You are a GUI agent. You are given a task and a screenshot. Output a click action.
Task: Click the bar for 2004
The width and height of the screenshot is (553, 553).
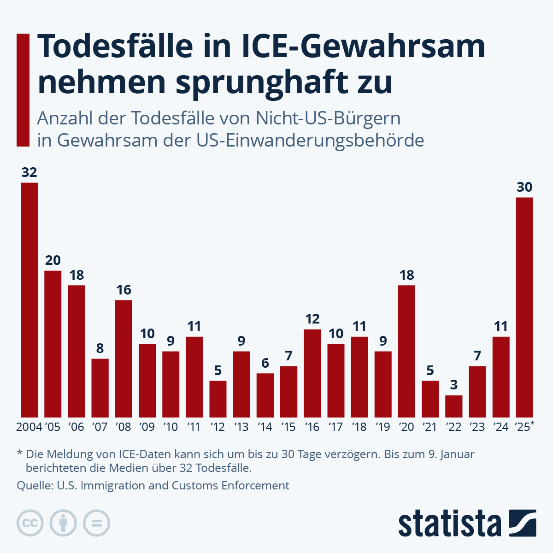29,300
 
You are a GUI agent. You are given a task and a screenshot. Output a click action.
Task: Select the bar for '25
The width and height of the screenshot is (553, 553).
524,307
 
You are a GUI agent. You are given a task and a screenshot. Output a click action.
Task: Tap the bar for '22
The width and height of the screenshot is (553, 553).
453,406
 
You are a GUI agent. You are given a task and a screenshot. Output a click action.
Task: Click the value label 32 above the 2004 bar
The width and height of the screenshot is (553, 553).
29,172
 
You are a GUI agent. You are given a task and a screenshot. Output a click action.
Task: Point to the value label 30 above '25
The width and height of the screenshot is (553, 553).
524,187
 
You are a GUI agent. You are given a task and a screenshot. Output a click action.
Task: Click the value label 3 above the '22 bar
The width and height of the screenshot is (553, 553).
454,385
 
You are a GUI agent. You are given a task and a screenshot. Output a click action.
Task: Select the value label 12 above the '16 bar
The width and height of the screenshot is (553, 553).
312,319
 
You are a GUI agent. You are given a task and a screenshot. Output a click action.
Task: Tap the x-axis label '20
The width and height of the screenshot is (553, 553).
406,427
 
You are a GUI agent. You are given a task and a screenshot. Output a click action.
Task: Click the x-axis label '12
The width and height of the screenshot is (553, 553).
218,427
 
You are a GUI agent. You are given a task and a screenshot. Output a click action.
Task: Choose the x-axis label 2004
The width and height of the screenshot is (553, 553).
29,427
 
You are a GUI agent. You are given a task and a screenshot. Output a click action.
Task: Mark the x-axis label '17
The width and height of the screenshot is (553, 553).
335,427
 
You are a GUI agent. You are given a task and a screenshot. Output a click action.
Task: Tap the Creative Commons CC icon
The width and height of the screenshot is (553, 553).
30,523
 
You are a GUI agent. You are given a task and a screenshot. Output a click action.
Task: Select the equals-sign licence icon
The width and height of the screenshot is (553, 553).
96,523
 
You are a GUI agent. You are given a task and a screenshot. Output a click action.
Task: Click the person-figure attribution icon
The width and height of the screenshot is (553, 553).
63,523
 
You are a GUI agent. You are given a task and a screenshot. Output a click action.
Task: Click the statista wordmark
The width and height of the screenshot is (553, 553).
449,524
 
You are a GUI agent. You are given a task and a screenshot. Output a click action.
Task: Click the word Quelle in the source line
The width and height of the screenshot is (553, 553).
33,485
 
